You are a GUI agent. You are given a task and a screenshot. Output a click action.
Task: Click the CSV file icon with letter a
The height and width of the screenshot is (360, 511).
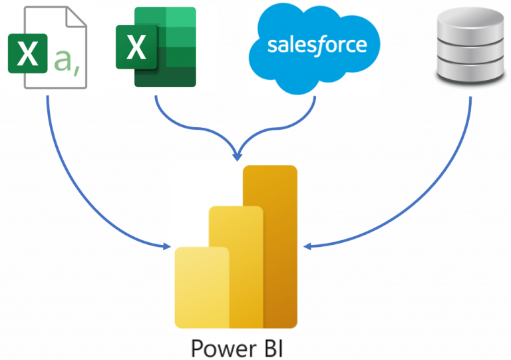click(x=47, y=47)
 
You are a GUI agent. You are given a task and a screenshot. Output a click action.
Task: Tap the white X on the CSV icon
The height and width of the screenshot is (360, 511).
click(x=27, y=54)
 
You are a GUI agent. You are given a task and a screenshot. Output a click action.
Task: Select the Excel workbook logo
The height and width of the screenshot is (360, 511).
click(x=156, y=47)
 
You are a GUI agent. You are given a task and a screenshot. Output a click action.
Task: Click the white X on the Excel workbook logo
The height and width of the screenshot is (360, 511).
click(x=136, y=47)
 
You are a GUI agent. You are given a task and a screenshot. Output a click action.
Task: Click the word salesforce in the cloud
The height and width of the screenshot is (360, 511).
click(x=317, y=45)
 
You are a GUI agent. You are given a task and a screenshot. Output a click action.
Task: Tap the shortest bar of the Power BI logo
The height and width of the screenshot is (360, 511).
click(x=202, y=286)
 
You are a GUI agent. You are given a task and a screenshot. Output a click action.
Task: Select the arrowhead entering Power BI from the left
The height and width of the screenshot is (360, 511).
click(x=167, y=246)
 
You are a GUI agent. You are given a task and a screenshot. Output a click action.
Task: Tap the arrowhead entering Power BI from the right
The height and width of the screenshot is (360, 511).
click(x=307, y=246)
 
